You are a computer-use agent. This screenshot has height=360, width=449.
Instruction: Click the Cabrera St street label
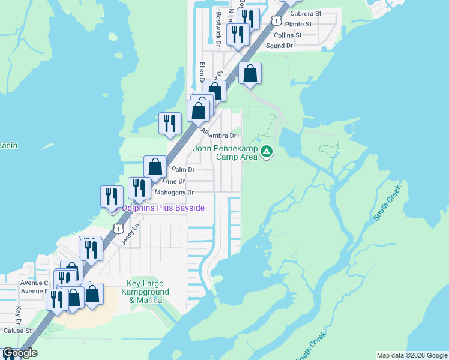(x=306, y=13)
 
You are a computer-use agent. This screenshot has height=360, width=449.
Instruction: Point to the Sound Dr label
(x=279, y=46)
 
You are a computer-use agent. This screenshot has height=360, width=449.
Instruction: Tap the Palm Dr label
(x=183, y=170)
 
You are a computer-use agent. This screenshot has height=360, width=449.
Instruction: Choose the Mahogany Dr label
(x=175, y=193)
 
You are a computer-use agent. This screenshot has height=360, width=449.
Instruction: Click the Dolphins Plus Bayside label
(x=163, y=208)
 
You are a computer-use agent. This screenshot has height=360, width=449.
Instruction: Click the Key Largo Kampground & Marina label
(x=148, y=292)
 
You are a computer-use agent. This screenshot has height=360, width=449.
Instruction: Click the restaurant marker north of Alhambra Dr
(x=170, y=123)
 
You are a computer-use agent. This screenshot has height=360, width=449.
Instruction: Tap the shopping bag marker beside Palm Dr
(x=155, y=167)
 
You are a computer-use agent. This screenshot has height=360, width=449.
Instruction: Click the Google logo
(x=20, y=353)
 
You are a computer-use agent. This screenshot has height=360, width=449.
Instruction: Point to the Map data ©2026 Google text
(x=411, y=355)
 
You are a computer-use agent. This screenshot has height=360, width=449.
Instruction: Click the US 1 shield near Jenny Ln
(x=118, y=229)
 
